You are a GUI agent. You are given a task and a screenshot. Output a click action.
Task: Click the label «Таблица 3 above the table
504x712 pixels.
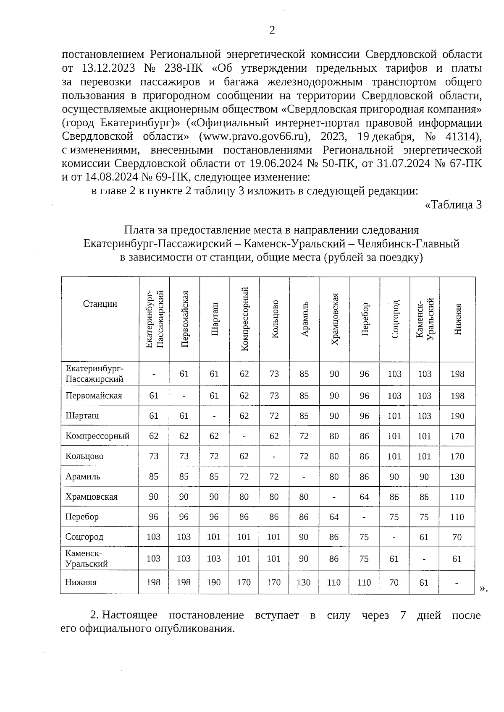click(x=453, y=205)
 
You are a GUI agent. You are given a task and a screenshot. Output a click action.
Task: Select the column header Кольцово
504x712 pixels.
click(x=275, y=319)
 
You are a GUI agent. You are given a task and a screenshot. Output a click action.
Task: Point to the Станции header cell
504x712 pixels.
click(x=100, y=304)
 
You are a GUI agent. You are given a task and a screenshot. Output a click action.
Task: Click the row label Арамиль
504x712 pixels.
click(x=83, y=477)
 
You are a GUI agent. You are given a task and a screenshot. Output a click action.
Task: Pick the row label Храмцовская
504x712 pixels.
click(x=92, y=497)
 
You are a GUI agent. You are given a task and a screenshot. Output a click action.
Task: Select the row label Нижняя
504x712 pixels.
click(x=81, y=582)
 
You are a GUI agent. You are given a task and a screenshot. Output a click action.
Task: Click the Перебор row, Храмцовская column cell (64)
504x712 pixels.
click(x=334, y=517)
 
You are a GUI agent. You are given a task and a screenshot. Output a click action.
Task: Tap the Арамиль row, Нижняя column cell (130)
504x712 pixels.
click(x=457, y=477)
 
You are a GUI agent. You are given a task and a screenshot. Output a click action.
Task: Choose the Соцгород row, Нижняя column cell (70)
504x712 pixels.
click(x=457, y=537)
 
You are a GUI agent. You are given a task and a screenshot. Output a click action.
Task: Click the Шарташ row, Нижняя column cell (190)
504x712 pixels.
click(x=457, y=416)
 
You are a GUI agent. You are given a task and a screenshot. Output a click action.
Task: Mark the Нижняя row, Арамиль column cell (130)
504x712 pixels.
click(x=304, y=582)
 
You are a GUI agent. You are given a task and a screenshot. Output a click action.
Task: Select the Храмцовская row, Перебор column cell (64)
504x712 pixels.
click(x=364, y=497)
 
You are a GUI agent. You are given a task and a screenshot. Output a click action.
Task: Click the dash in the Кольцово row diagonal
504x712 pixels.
click(x=274, y=456)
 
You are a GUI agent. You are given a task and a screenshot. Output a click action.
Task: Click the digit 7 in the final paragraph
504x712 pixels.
click(x=402, y=616)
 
